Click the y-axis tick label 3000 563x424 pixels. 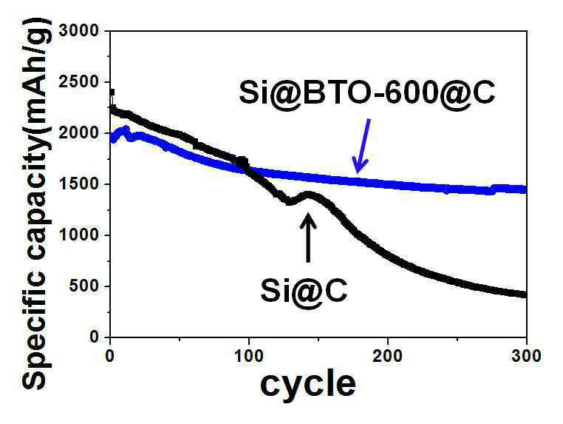pos(78,30)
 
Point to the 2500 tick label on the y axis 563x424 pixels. pos(78,82)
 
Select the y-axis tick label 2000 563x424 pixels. pos(78,133)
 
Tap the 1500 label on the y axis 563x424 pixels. pos(78,184)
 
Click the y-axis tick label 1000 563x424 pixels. pos(78,235)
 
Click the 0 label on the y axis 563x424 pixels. pos(93,337)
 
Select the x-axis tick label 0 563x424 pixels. pos(110,356)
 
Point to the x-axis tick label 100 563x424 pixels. pos(248,356)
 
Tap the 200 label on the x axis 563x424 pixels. pos(387,356)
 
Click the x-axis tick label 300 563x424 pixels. pos(526,356)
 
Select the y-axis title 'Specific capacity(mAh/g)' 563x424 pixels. pos(37,205)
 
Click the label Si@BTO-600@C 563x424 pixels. pos(367,93)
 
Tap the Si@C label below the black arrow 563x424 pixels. pos(304,292)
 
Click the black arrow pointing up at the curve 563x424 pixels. pos(307,238)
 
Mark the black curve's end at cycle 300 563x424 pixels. pos(525,295)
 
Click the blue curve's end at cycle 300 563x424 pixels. pos(525,190)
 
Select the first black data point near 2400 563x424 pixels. pos(112,92)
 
